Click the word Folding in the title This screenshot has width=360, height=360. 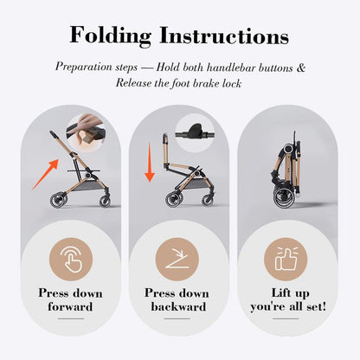pyautogui.click(x=111, y=35)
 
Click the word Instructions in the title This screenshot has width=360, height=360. pyautogui.click(x=224, y=35)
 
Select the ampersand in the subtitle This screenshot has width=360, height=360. pyautogui.click(x=300, y=67)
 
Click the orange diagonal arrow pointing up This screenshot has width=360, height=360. pyautogui.click(x=45, y=175)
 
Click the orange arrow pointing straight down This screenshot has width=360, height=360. pyautogui.click(x=150, y=163)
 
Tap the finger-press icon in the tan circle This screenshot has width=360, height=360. pyautogui.click(x=71, y=259)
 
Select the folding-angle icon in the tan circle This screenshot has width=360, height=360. pyautogui.click(x=177, y=259)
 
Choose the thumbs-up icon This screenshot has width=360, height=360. pyautogui.click(x=286, y=259)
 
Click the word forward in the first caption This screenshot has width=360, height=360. pyautogui.click(x=70, y=306)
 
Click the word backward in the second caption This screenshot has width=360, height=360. pyautogui.click(x=178, y=306)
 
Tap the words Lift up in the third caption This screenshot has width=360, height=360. pyautogui.click(x=290, y=293)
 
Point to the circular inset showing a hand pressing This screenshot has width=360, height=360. pyautogui.click(x=85, y=133)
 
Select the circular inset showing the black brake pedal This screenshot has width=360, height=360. pyautogui.click(x=195, y=132)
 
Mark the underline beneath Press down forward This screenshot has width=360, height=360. pyautogui.click(x=71, y=318)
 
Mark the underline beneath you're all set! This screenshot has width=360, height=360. pyautogui.click(x=286, y=318)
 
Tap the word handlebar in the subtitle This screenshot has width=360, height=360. pyautogui.click(x=231, y=67)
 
